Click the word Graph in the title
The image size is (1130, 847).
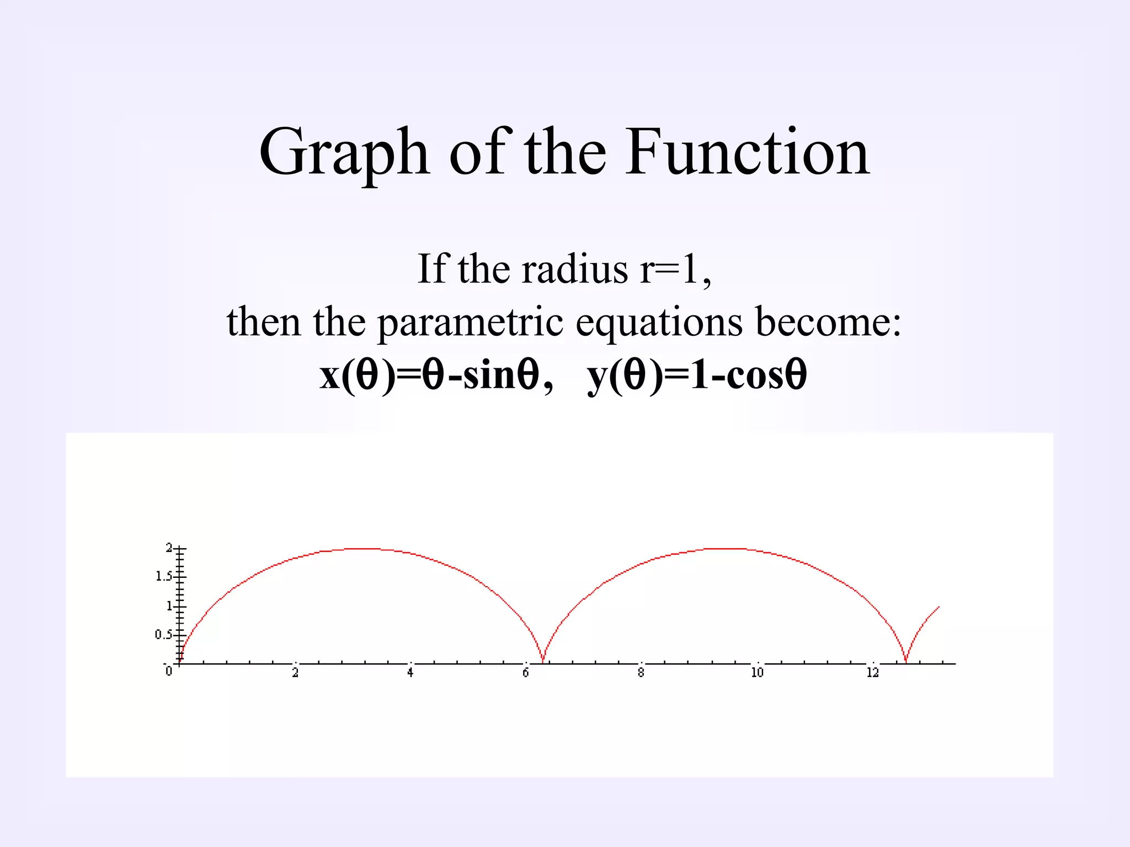[x=343, y=153]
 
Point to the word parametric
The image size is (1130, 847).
[x=470, y=323]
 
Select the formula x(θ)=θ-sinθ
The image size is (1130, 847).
[x=429, y=374]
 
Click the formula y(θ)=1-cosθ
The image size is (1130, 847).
[x=697, y=374]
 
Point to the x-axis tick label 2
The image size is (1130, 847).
[x=295, y=672]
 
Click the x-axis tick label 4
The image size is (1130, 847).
[x=410, y=672]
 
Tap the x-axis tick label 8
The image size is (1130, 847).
[x=641, y=672]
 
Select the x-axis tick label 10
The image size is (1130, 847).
[x=757, y=672]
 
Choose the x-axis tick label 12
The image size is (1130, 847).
[x=872, y=672]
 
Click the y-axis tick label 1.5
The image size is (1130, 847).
[x=163, y=576]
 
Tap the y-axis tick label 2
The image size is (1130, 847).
[x=169, y=548]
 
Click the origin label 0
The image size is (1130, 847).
[x=169, y=671]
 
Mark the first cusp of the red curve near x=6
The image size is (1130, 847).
[x=543, y=661]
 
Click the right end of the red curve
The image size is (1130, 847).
[x=939, y=607]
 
